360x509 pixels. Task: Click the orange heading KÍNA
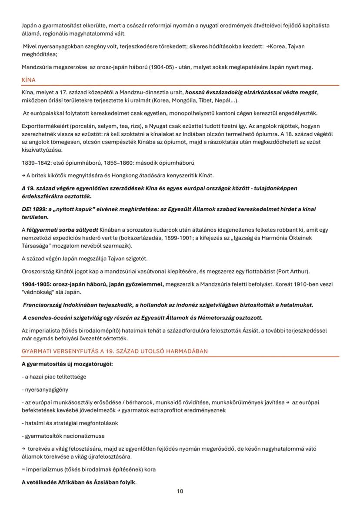tap(29, 80)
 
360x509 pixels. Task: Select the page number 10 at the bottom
tap(180, 491)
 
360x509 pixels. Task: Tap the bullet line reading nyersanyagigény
tap(45, 390)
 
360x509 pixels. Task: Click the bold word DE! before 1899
tap(27, 209)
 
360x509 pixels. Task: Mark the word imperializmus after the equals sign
tap(43, 469)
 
